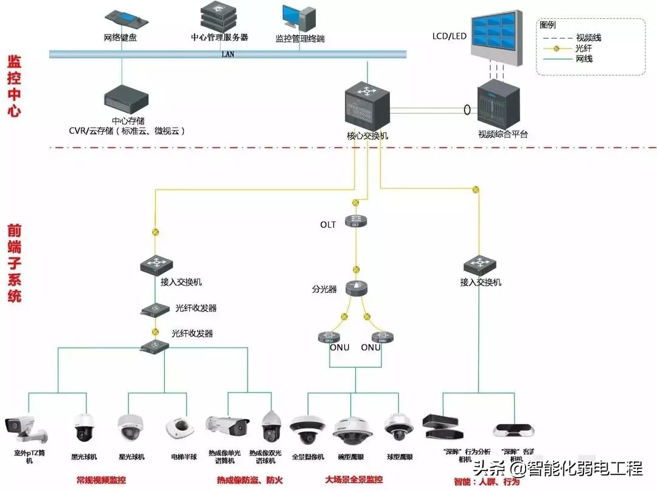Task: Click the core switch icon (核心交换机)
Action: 367,105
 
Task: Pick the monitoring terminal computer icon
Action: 299,19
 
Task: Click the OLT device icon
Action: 355,222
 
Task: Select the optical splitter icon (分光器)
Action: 355,289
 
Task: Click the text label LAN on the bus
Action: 228,54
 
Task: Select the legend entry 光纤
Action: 583,48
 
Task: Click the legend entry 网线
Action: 583,59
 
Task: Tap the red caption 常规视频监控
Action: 101,480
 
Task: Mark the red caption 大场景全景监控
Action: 354,480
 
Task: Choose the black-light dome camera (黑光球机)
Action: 83,428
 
